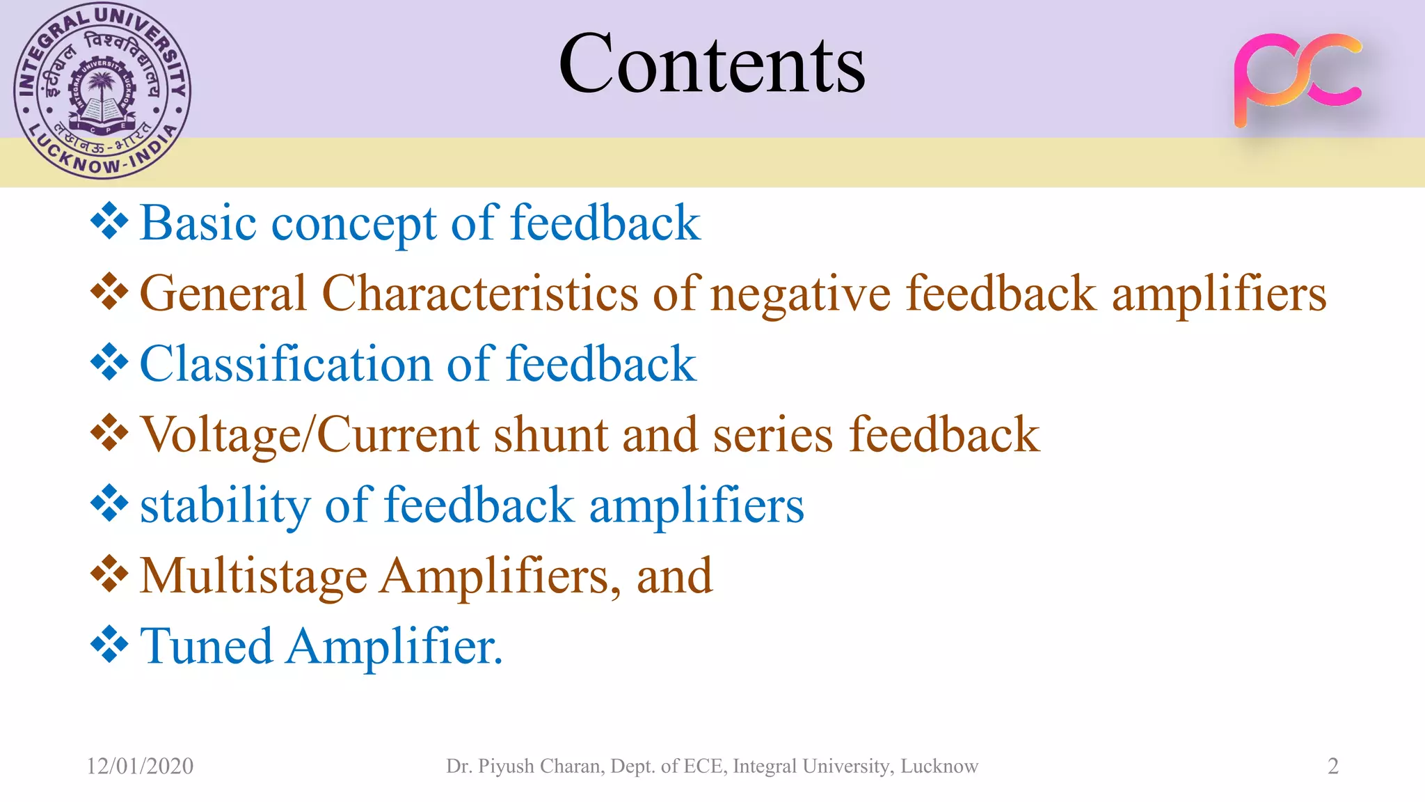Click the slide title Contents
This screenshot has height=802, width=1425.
(x=712, y=64)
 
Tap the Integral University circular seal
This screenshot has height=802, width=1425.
(x=102, y=91)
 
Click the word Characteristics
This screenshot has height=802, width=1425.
(x=479, y=293)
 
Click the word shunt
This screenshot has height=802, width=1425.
(x=551, y=435)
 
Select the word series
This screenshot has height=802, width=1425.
(x=772, y=435)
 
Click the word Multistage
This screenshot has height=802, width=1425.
(x=253, y=576)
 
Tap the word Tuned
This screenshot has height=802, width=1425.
(x=206, y=646)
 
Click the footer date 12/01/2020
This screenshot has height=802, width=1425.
(x=140, y=766)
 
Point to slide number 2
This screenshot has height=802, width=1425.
(x=1332, y=766)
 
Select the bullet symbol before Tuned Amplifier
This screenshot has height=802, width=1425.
(x=109, y=645)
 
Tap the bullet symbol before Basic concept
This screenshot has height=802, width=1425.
(x=109, y=221)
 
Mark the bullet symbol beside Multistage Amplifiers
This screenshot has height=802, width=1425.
(x=109, y=574)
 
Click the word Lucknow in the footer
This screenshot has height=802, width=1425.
(x=939, y=766)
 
